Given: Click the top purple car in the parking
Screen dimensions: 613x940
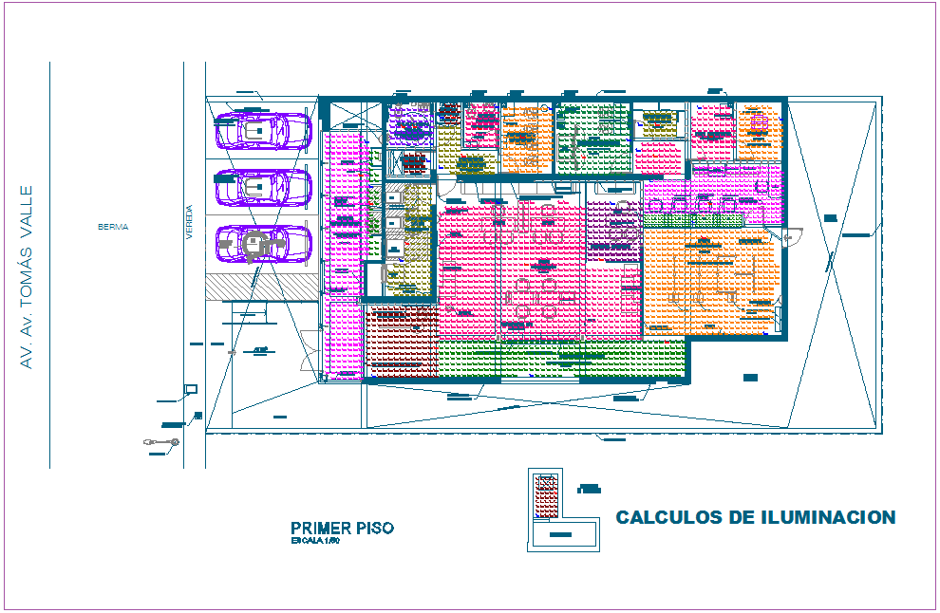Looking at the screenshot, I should (x=263, y=131).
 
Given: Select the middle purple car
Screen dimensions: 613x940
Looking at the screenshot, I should (x=263, y=187).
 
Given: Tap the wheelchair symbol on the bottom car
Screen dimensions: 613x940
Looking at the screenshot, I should (x=254, y=245).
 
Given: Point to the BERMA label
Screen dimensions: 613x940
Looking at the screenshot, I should (x=112, y=228).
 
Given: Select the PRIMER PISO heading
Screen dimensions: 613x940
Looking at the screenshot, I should (x=341, y=529).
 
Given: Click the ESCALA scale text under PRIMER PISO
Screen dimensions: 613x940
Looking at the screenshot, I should (x=314, y=541).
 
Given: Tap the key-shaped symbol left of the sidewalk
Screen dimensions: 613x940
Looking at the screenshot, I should (x=160, y=442).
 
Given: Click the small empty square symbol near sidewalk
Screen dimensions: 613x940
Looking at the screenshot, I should (x=190, y=389).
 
